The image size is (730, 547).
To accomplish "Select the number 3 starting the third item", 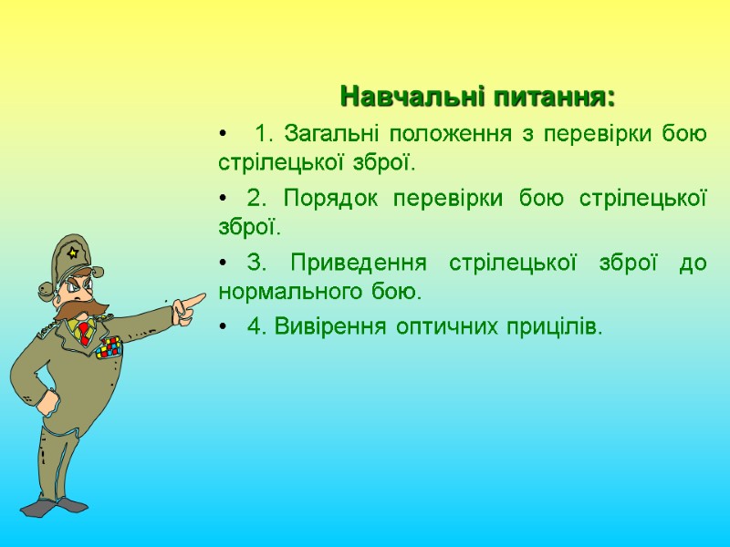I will pos(256,263).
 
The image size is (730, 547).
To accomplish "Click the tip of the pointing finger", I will pos(203,297).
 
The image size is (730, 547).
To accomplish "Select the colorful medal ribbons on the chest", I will pos(109,346).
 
